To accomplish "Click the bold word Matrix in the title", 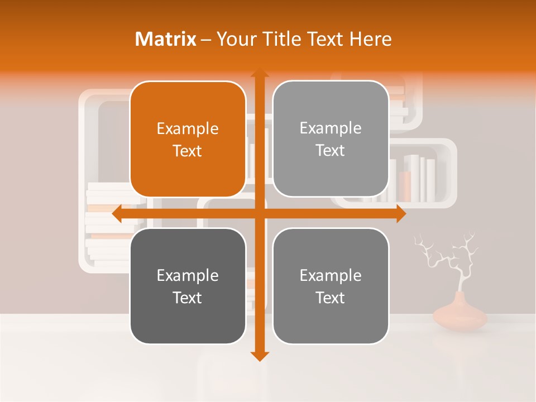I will (165, 39).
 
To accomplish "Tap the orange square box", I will (188, 139).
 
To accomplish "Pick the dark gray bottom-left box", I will (188, 286).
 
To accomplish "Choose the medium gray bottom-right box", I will (331, 286).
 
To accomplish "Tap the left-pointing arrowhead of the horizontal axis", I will (117, 214).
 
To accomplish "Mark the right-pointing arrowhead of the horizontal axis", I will (401, 214).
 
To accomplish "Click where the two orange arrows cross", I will (259, 214).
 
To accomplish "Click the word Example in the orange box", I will (188, 128).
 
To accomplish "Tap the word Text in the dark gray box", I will (188, 298).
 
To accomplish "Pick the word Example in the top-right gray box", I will (331, 128).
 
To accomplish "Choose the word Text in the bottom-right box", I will (331, 298).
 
